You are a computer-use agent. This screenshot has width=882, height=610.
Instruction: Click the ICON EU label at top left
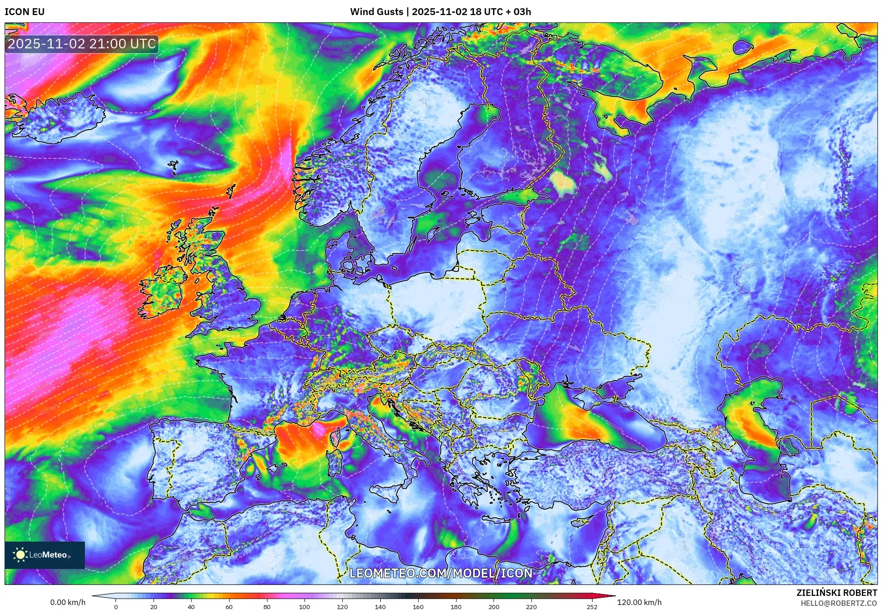coord(25,12)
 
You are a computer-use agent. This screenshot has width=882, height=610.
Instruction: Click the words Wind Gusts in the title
coord(377,12)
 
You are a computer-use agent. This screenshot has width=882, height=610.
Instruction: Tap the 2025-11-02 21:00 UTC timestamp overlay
coord(82,44)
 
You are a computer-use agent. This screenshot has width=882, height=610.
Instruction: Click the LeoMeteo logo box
coord(45,555)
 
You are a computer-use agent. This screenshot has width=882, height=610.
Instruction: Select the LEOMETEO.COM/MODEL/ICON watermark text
coord(441,573)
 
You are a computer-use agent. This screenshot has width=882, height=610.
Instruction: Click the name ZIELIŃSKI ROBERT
coord(837,593)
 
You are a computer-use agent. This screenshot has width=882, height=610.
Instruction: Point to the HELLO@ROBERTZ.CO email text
coord(839,603)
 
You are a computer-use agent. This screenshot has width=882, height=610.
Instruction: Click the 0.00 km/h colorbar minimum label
coord(68,602)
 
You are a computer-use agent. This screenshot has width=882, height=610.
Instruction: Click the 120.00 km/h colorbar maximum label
coord(639,602)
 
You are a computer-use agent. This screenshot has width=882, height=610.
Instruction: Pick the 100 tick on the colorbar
coord(304,607)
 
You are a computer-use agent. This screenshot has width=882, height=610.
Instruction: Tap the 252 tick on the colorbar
coord(592,607)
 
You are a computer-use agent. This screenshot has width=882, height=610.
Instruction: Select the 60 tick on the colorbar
coord(229,607)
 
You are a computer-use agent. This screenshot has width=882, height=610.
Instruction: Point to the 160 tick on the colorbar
coord(418,607)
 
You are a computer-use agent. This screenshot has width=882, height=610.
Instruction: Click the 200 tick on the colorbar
coord(493,607)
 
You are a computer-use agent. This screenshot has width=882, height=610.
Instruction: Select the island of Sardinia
coord(336,461)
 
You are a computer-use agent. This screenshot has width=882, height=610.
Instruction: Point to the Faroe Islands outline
coord(173,167)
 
